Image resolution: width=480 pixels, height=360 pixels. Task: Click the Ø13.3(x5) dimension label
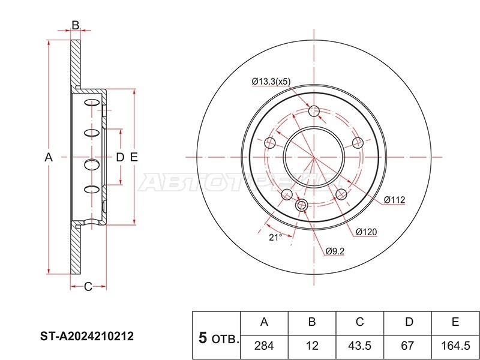(271, 82)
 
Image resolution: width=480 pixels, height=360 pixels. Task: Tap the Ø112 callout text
(395, 200)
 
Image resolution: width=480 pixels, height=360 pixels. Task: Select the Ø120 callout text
(367, 232)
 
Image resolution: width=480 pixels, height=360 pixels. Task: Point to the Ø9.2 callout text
(335, 251)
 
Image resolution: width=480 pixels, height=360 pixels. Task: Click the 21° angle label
(275, 237)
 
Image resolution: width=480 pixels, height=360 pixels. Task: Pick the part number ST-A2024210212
(87, 337)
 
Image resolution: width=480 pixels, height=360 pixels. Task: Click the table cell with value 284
(264, 346)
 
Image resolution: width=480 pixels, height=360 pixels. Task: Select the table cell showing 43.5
(359, 346)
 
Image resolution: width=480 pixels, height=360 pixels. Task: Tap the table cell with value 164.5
(455, 346)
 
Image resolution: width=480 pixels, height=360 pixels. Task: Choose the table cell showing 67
(407, 346)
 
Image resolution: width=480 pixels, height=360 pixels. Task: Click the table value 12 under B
(312, 346)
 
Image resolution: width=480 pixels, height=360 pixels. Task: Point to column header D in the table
(409, 322)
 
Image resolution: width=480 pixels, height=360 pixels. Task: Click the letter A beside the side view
(49, 157)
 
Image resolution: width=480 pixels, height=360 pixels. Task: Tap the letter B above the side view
(76, 25)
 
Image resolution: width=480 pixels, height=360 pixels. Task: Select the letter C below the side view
(88, 287)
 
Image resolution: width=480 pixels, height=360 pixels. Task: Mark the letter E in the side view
(134, 157)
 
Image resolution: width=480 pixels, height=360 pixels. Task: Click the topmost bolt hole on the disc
(314, 111)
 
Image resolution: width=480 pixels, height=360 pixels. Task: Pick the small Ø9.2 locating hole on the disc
(302, 205)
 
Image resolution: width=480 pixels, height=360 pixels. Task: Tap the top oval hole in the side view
(92, 103)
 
